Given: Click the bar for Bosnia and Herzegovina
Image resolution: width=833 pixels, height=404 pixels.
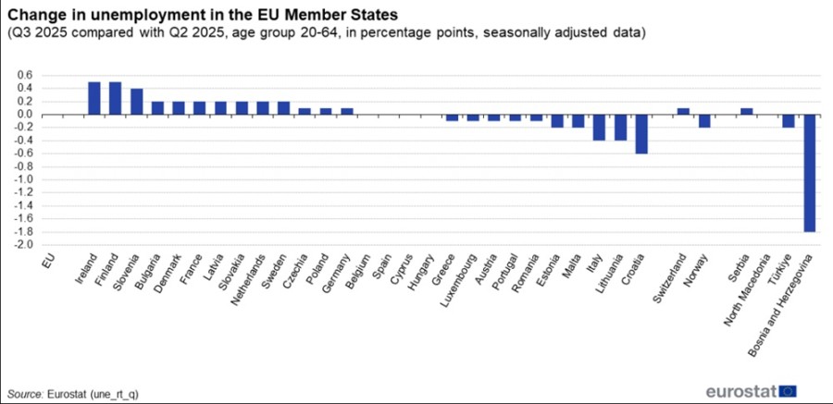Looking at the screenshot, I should (809, 173).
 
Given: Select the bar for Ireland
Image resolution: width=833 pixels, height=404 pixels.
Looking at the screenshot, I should (93, 98).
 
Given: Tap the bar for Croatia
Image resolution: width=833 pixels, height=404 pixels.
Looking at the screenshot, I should (640, 134).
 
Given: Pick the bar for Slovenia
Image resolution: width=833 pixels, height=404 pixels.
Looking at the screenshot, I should (136, 102).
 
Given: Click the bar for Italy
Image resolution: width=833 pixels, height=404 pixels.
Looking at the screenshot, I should (599, 128).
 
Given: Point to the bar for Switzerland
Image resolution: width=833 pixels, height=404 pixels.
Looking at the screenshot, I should (683, 111).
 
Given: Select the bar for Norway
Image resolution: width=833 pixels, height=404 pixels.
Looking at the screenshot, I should (704, 121).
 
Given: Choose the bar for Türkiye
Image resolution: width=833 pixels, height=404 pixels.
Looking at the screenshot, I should (788, 121).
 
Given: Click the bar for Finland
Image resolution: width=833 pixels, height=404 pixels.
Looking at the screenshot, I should (115, 98).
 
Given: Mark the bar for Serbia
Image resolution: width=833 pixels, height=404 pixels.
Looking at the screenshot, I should (746, 111).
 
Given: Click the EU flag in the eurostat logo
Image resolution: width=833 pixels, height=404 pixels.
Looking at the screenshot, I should (789, 390).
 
